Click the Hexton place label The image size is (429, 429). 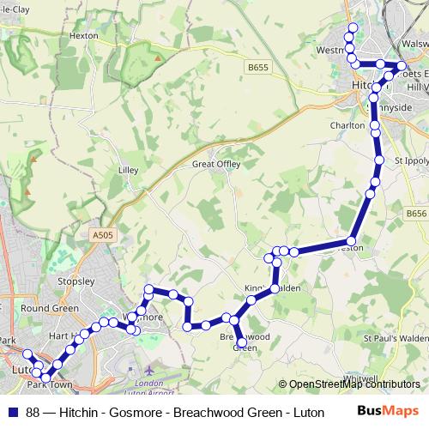point(84,36)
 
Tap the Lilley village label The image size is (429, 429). point(128,170)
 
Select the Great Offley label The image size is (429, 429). point(216,163)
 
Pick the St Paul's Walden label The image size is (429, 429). point(395,339)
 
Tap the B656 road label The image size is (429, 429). point(416,213)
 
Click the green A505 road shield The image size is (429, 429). point(100,233)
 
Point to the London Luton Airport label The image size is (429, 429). point(148,388)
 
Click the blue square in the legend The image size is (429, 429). point(12,411)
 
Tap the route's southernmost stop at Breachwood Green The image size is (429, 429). point(242,343)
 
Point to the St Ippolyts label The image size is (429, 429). point(410,160)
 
